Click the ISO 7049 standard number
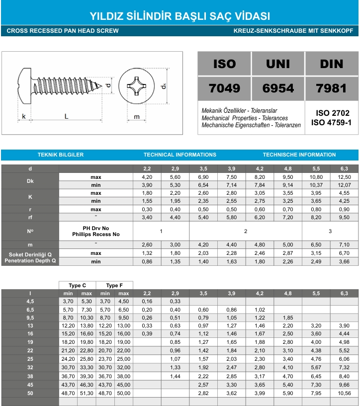point(224,88)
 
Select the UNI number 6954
point(278,88)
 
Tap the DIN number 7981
point(331,88)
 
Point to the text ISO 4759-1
point(331,122)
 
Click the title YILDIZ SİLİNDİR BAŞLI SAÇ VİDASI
point(180,15)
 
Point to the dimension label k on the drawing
point(24,116)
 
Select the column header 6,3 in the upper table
point(344,169)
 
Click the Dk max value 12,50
point(344,177)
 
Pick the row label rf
point(30,217)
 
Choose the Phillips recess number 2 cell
point(246,231)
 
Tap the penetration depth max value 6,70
point(344,253)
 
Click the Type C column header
point(77,285)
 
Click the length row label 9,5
point(30,318)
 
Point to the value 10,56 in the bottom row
point(344,393)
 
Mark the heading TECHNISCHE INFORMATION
point(299,155)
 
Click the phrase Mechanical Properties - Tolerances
point(245,118)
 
